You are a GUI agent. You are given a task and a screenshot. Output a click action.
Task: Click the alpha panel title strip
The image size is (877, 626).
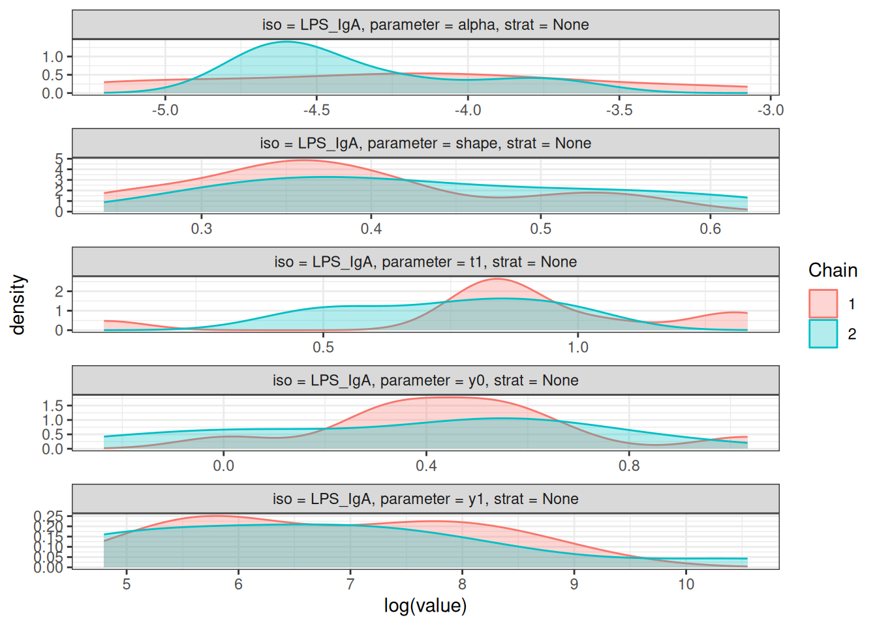(425, 25)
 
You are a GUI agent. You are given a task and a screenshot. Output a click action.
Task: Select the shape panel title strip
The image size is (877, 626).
(425, 143)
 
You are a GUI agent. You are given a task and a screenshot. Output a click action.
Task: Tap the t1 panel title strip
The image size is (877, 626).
(425, 262)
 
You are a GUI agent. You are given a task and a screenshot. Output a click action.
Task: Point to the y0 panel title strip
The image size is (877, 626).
(425, 381)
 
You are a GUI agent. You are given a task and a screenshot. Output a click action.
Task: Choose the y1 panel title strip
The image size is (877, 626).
(425, 499)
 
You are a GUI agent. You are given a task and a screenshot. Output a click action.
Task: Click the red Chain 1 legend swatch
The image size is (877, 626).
(823, 304)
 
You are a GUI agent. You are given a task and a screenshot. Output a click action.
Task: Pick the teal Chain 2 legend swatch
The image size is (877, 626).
(823, 333)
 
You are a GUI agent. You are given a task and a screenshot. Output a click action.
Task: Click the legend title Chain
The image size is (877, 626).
(833, 270)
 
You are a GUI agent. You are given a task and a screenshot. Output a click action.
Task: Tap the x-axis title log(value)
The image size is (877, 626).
(425, 606)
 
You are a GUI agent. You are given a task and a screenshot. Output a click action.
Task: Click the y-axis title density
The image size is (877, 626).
(18, 305)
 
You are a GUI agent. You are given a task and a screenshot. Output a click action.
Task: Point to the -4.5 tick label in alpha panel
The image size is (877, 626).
(316, 110)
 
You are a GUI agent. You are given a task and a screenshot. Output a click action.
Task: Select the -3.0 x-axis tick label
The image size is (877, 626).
(770, 110)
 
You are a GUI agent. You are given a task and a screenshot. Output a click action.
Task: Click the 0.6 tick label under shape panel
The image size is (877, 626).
(711, 229)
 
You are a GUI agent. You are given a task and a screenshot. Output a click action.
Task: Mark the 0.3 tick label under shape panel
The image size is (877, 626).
(202, 229)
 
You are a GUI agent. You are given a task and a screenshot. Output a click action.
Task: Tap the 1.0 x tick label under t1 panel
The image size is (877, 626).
(578, 348)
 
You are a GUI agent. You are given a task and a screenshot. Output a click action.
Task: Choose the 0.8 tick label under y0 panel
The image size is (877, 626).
(629, 466)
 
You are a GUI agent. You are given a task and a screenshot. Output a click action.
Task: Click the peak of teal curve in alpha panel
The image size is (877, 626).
(286, 42)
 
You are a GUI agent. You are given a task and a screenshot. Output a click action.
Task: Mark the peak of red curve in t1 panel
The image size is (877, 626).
(497, 279)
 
